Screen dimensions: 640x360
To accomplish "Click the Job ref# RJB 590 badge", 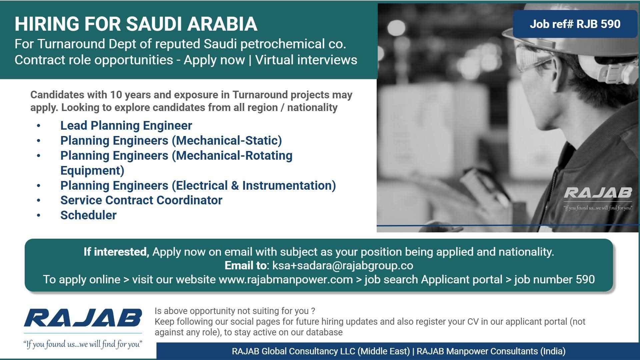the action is (x=575, y=24).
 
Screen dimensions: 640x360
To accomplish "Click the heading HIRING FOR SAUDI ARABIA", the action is (x=136, y=24).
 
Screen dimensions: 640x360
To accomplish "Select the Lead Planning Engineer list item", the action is (x=126, y=126).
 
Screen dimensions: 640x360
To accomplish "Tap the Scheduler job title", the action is (x=88, y=215).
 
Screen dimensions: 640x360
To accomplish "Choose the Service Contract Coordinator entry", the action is (x=141, y=200).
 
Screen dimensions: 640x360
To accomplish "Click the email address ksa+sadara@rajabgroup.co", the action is (x=343, y=266).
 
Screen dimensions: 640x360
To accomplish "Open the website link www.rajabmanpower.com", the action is (x=286, y=279).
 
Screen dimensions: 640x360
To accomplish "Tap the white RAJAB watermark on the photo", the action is (x=598, y=193).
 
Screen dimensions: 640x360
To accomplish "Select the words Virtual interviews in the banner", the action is (x=306, y=60).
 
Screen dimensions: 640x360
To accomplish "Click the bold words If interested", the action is (x=116, y=252).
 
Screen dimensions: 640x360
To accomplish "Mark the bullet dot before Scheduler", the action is (x=39, y=216).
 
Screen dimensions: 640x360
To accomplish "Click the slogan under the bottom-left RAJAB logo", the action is (x=83, y=344).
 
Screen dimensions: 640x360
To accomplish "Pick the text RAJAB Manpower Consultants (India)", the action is (x=491, y=351).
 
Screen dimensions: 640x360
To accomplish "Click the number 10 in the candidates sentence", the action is (x=116, y=95).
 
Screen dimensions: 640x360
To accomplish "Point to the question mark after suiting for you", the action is (x=313, y=311).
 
